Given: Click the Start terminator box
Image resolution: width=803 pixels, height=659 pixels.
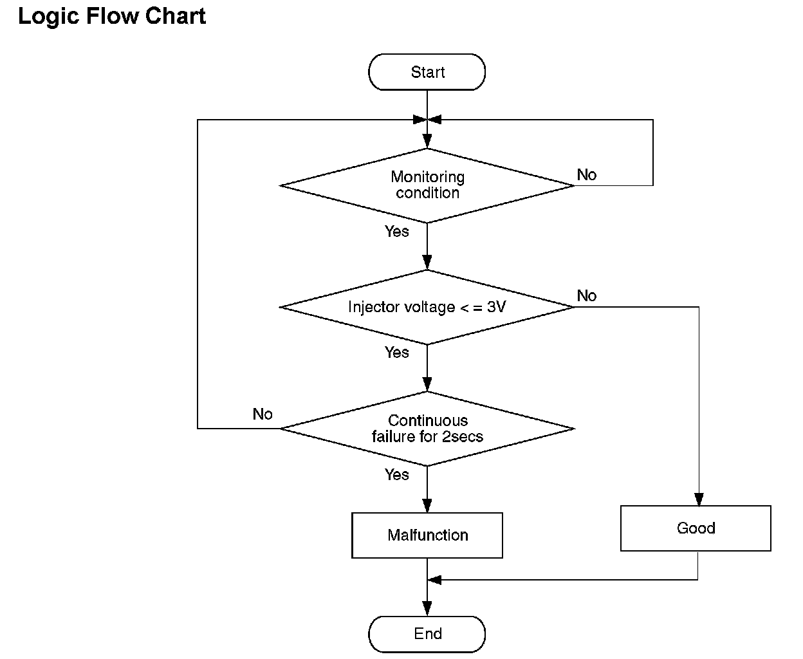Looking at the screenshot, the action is point(427,72).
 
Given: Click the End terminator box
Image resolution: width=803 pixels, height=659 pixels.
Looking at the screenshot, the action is point(427,634).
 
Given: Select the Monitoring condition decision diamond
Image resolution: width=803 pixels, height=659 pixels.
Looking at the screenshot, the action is point(427,185).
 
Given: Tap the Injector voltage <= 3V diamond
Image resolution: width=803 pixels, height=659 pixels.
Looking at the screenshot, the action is point(427,307).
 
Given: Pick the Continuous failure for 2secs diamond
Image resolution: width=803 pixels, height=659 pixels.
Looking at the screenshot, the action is point(427,429).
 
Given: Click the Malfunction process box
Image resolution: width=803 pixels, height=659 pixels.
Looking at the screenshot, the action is point(427,535).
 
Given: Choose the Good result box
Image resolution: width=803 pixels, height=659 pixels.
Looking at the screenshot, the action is point(696,528).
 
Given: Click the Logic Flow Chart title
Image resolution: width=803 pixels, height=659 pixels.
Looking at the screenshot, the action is point(111,17).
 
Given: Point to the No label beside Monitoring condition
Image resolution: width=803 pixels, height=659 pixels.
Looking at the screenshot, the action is point(586,175).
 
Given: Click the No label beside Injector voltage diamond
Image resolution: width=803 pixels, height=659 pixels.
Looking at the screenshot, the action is point(586,295).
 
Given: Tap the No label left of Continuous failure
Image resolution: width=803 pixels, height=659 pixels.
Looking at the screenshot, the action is point(263,414).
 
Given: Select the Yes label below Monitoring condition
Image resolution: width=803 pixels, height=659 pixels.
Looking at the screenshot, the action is point(397,231).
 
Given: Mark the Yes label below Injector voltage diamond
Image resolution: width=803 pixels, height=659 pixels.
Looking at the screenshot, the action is point(397,353).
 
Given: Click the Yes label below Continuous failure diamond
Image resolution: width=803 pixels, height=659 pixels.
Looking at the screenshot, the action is point(397,475).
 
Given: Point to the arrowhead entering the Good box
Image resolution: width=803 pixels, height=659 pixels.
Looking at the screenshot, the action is point(699,499).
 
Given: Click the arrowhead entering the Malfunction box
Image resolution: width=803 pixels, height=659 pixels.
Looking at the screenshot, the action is point(427,506).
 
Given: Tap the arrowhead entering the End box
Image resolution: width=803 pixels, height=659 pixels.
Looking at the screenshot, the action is point(427,609).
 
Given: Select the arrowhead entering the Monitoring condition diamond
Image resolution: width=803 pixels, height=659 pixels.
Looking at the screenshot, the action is point(427,142).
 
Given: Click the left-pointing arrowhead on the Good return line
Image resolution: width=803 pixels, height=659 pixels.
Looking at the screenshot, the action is point(434,580).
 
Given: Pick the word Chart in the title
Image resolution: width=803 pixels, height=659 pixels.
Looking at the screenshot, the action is point(176,16).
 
